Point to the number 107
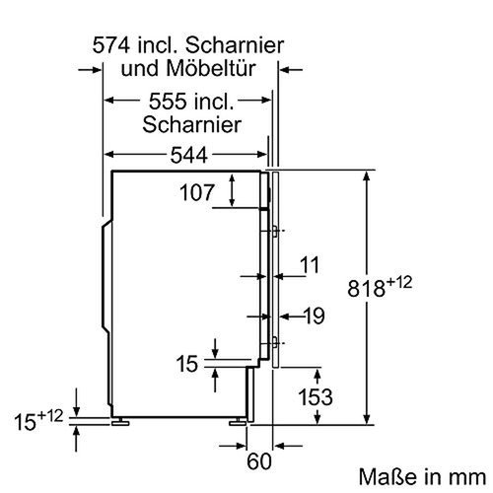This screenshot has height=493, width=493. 196,193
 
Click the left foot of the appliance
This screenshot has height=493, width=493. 121,422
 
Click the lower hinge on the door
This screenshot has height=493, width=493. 269,343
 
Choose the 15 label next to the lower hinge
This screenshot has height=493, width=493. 186,363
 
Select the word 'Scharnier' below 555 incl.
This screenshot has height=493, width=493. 192,125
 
